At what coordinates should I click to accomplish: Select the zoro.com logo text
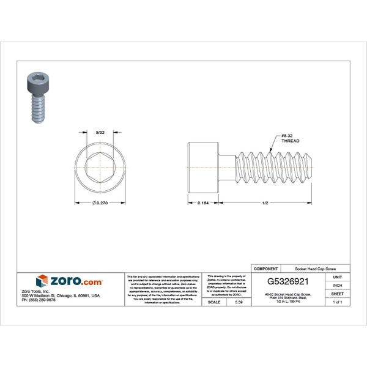click(76, 281)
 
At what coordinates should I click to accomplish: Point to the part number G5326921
click(292, 283)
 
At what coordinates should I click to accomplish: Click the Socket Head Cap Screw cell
click(315, 269)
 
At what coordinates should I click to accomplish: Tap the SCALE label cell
click(214, 302)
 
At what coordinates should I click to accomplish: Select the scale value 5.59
click(239, 302)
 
